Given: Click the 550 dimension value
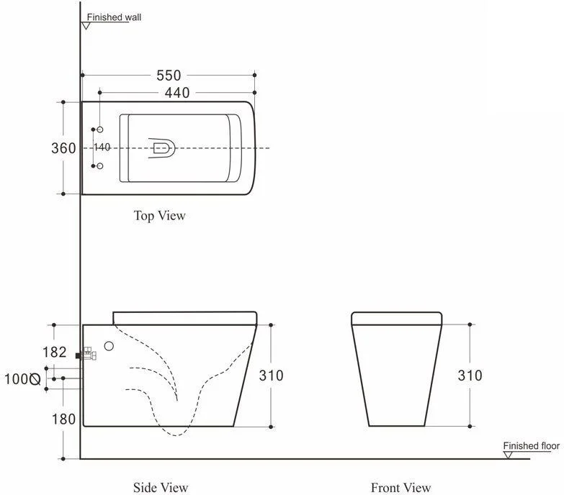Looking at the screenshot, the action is coord(169,76).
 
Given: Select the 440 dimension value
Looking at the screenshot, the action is coord(177,93).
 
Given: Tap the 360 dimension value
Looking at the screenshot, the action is coord(63,148).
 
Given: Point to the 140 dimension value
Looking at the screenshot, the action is coord(102,147).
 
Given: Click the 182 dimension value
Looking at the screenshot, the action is coord(55,353).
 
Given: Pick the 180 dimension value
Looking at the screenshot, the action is coord(63,419).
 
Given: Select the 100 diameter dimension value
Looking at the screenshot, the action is coord(22,379).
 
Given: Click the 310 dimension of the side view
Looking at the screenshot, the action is coord(272,376).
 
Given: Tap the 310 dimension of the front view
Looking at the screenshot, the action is coord(470,376).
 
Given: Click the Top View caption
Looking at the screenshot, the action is coord(160,216).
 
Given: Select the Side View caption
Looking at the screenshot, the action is coord(161,488).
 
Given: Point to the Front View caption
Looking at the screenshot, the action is coord(400,488).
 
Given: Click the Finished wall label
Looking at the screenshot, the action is coord(114,17).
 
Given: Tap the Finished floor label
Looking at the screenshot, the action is coord(532,446).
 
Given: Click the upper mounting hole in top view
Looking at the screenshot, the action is coord(100,130).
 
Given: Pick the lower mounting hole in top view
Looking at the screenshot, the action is coord(100,166).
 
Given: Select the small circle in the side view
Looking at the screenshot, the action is coord(109,346).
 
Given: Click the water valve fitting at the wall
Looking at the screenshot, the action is coord(86,355).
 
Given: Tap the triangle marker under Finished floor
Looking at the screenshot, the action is coord(508,455).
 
